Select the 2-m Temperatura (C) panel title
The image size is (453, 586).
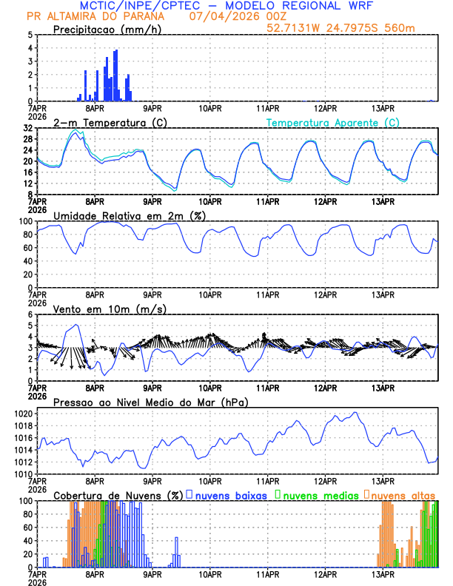(x=109, y=122)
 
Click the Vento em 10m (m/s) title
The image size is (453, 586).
(x=110, y=309)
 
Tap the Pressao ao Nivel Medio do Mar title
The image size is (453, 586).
(x=150, y=402)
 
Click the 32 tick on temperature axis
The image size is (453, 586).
(x=27, y=128)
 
